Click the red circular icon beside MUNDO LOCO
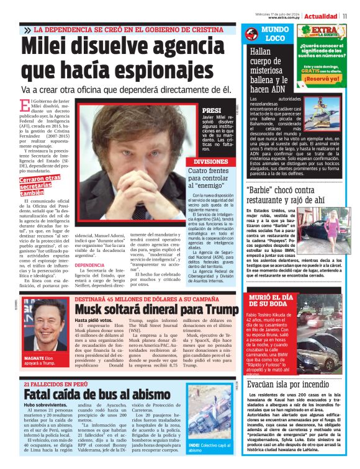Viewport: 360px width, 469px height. [251, 35]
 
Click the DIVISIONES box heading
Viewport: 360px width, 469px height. [211, 161]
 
